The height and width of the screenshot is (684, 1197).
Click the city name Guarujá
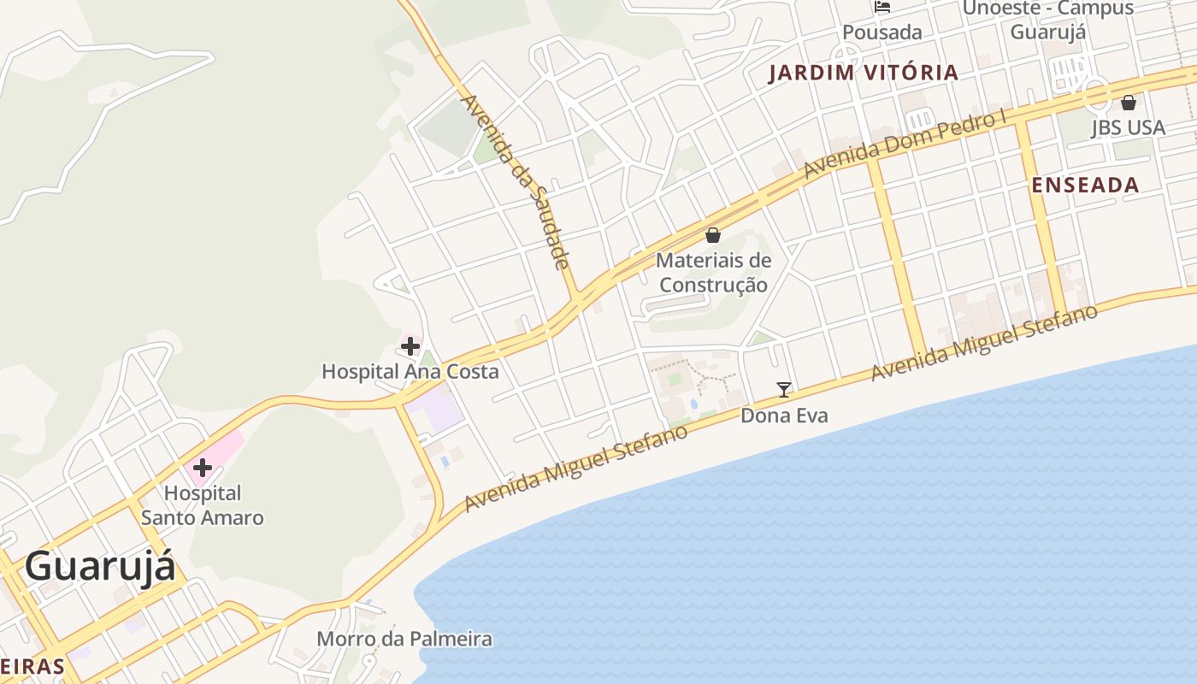pyautogui.click(x=100, y=567)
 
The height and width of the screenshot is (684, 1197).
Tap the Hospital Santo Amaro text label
pyautogui.click(x=203, y=505)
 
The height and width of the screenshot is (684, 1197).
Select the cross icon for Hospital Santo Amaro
pyautogui.click(x=203, y=468)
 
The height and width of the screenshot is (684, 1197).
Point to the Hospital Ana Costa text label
pyautogui.click(x=410, y=372)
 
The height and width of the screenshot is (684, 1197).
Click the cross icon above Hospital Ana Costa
pyautogui.click(x=410, y=346)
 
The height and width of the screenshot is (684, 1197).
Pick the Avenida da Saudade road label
pyautogui.click(x=515, y=182)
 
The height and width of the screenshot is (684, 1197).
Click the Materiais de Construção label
pyautogui.click(x=713, y=272)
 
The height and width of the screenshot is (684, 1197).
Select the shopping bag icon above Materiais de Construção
pyautogui.click(x=713, y=235)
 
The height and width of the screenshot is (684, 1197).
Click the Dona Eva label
pyautogui.click(x=784, y=416)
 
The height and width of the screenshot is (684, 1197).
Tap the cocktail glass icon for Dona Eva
pyautogui.click(x=784, y=390)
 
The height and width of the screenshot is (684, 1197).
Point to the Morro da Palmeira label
pyautogui.click(x=404, y=639)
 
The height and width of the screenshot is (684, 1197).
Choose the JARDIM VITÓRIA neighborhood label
pyautogui.click(x=864, y=73)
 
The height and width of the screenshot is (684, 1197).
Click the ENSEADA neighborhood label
pyautogui.click(x=1085, y=185)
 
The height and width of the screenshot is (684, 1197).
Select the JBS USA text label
pyautogui.click(x=1128, y=127)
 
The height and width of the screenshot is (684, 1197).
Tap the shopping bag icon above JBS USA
pyautogui.click(x=1129, y=103)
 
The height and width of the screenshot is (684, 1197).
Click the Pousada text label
pyautogui.click(x=882, y=32)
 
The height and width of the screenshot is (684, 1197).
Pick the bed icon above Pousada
pyautogui.click(x=882, y=7)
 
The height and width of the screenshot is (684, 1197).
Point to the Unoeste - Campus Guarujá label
pyautogui.click(x=1048, y=20)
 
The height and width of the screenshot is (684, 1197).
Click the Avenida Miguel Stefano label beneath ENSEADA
pyautogui.click(x=984, y=343)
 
